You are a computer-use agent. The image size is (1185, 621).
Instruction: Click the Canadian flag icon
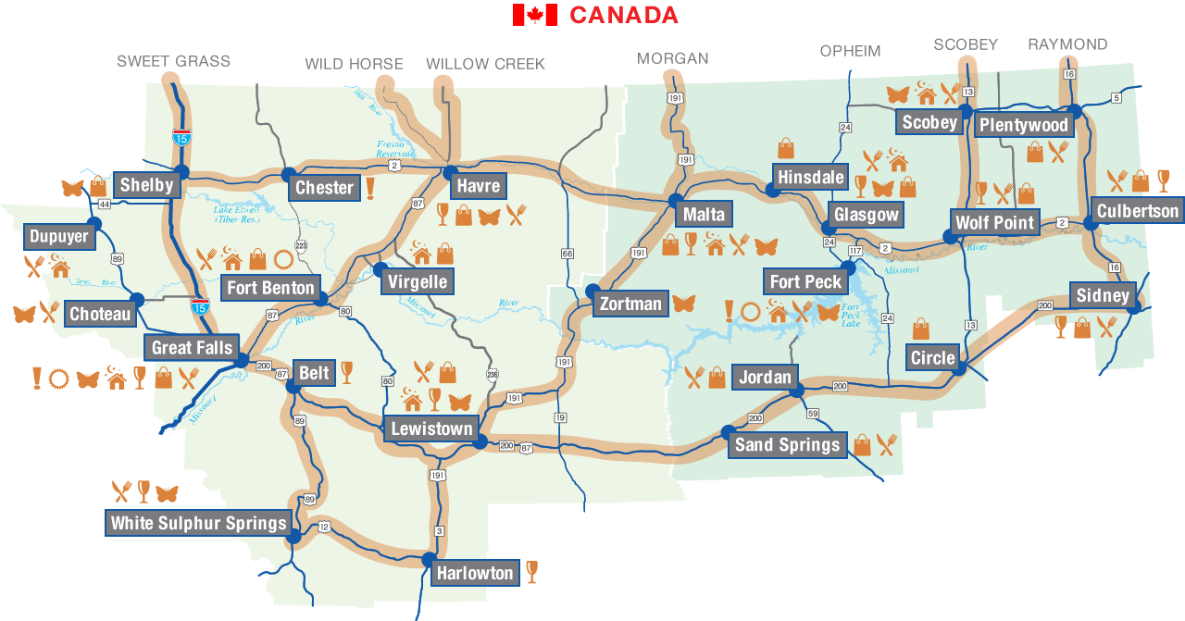pos(534,15)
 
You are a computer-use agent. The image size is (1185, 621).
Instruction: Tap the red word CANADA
pos(623,15)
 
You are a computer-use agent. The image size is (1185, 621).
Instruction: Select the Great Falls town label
pos(192,348)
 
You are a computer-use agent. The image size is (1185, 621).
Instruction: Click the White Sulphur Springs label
pos(198,523)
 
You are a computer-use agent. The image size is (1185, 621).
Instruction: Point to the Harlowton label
pos(475,573)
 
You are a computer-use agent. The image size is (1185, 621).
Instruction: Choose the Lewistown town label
pos(431,428)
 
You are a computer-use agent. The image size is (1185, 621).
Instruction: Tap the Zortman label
pos(630,304)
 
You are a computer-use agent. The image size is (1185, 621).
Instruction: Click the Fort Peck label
pos(805,281)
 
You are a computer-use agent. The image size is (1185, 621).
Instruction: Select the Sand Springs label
pos(787,445)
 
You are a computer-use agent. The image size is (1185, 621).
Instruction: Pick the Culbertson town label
pos(1138,211)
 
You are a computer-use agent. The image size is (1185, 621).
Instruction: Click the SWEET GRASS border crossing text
pos(173,62)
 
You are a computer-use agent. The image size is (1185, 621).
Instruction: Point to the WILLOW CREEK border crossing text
pos(485,64)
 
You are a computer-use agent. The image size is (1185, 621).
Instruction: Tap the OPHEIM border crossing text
pos(850,51)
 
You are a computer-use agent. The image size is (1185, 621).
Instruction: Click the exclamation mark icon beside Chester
pos(370,188)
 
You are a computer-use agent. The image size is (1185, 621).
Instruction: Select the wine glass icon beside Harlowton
pos(531,571)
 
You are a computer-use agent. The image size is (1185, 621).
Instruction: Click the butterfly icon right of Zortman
pos(683,304)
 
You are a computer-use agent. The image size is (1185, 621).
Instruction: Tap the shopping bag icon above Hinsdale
pos(786,148)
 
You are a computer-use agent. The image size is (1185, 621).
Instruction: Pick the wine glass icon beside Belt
pos(346,372)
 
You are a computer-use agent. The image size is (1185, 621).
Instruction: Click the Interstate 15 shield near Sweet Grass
pos(181,139)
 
